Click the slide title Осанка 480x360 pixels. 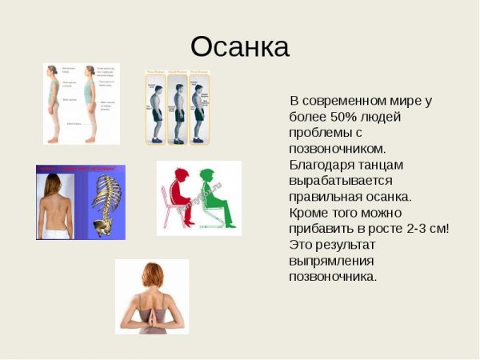point(239,46)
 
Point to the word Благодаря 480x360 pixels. point(324,165)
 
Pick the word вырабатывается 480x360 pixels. point(339,181)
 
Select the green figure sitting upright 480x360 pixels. point(212,196)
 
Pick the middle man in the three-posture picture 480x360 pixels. point(178,108)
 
